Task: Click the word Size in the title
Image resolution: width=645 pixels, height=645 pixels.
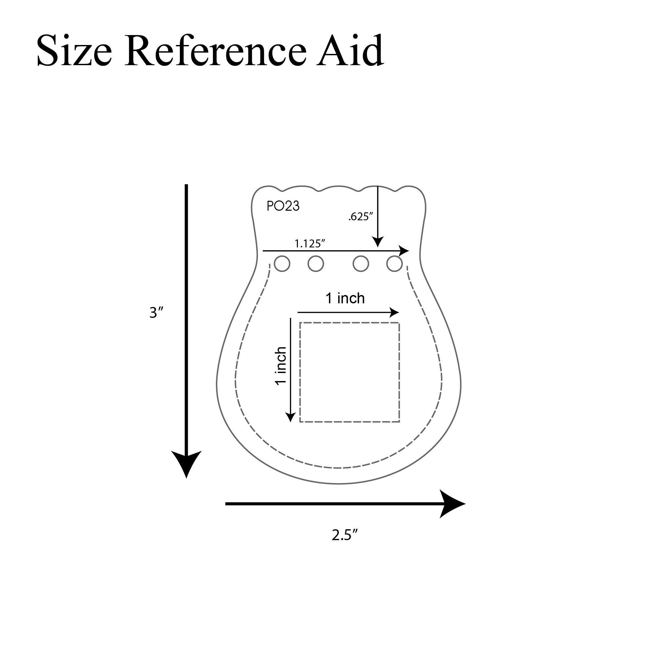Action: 74,51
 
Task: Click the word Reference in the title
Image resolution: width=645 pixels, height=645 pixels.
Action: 215,50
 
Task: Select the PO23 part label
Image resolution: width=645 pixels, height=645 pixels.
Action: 283,206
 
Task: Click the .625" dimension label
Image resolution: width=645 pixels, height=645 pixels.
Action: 361,217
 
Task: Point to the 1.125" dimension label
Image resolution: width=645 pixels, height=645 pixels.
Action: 310,243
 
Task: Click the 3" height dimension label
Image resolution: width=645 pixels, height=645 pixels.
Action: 156,313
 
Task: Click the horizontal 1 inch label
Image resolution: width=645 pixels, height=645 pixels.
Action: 345,298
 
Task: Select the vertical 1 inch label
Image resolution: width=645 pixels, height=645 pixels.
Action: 281,366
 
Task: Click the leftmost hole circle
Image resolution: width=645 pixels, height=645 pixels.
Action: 282,264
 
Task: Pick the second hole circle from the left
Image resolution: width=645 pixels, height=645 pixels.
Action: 315,264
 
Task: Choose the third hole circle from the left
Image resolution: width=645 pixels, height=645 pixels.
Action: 361,264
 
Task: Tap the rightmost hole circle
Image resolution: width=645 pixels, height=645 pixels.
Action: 394,264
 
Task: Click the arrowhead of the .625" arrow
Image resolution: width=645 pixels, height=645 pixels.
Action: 378,242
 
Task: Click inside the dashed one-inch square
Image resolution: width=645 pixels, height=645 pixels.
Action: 349,372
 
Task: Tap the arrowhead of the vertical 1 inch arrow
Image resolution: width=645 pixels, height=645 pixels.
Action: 291,417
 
